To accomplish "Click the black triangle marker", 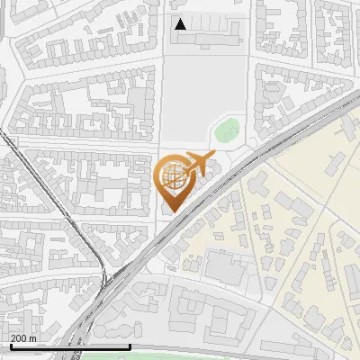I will pos(181,24).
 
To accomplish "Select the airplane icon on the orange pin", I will pos(198,164).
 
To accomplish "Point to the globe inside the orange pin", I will pos(173,176).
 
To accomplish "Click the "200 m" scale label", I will pos(23,338).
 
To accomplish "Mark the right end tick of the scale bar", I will pos(130,345).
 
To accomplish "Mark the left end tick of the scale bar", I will pos(10,345).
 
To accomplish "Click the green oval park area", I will pos(227,130).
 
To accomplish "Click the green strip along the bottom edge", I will pos(180,356).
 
